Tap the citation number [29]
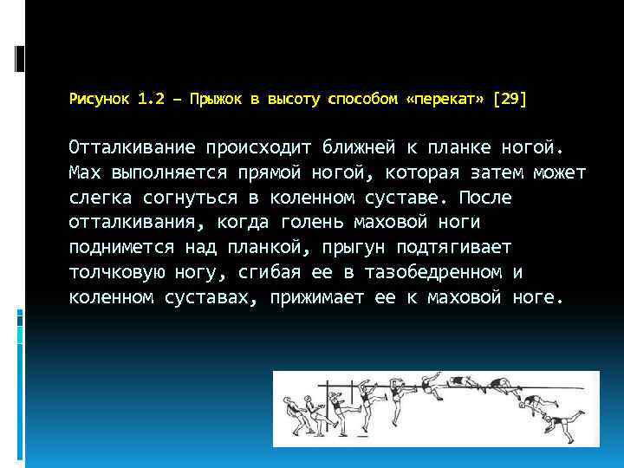[509, 100]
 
